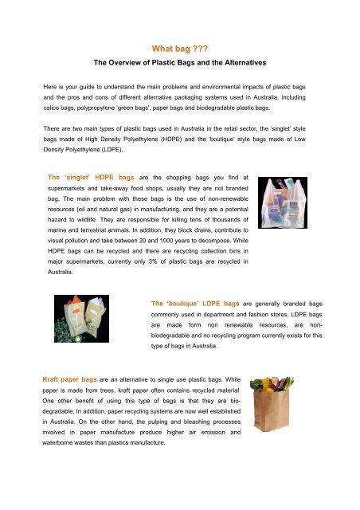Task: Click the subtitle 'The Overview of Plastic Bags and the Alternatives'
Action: (179, 61)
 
